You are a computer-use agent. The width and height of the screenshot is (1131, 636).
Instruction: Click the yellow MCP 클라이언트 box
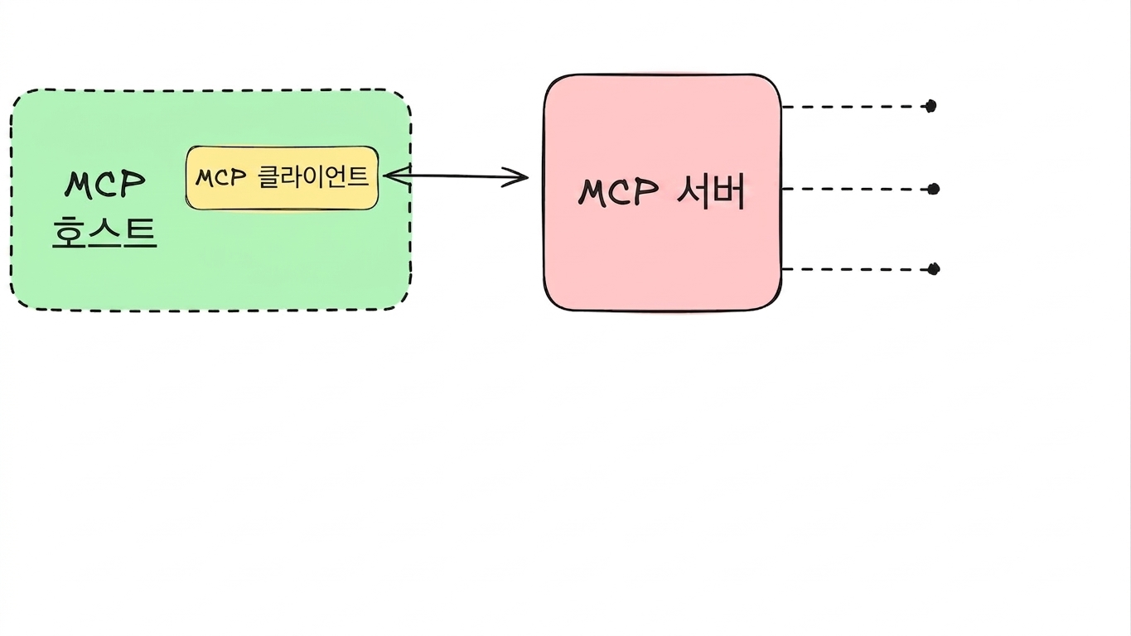282,178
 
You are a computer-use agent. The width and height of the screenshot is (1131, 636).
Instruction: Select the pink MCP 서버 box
663,192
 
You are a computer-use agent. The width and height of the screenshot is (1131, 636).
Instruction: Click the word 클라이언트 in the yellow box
313,176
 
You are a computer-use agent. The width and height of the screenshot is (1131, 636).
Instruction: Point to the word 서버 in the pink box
710,192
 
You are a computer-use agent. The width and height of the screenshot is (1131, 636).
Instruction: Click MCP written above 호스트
104,184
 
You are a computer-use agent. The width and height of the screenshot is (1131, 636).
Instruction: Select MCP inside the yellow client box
220,177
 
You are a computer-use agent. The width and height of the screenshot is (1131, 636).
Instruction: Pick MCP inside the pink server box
618,192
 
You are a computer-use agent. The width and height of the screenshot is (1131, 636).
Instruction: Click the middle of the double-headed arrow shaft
456,176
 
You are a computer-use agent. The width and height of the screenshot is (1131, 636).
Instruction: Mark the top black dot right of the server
931,106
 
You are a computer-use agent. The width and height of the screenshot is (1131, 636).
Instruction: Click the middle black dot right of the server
934,189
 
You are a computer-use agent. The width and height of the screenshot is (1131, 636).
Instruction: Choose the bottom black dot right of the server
934,269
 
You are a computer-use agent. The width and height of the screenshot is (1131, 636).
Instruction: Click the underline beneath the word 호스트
104,248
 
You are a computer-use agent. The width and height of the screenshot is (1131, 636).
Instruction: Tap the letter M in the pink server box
592,192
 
